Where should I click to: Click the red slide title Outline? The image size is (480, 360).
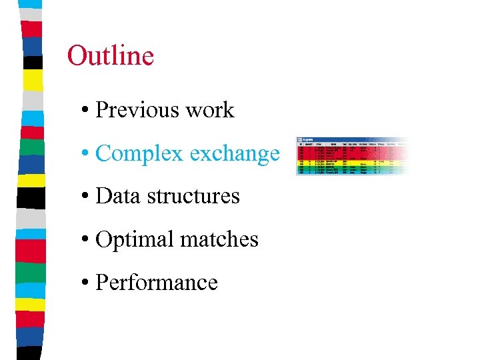pos(111,55)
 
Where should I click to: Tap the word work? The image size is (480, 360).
pos(210,110)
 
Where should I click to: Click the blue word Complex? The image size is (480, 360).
pos(139,154)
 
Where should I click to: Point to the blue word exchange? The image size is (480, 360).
pos(234,154)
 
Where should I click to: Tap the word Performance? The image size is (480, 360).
pos(157,283)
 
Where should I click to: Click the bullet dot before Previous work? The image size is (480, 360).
pos(87,111)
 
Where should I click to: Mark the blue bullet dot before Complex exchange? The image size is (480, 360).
pos(87,154)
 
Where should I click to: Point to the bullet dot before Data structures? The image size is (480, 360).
pos(87,197)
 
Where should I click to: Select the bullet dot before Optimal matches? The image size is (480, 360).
pos(87,240)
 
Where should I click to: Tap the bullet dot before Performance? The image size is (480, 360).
pos(87,283)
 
